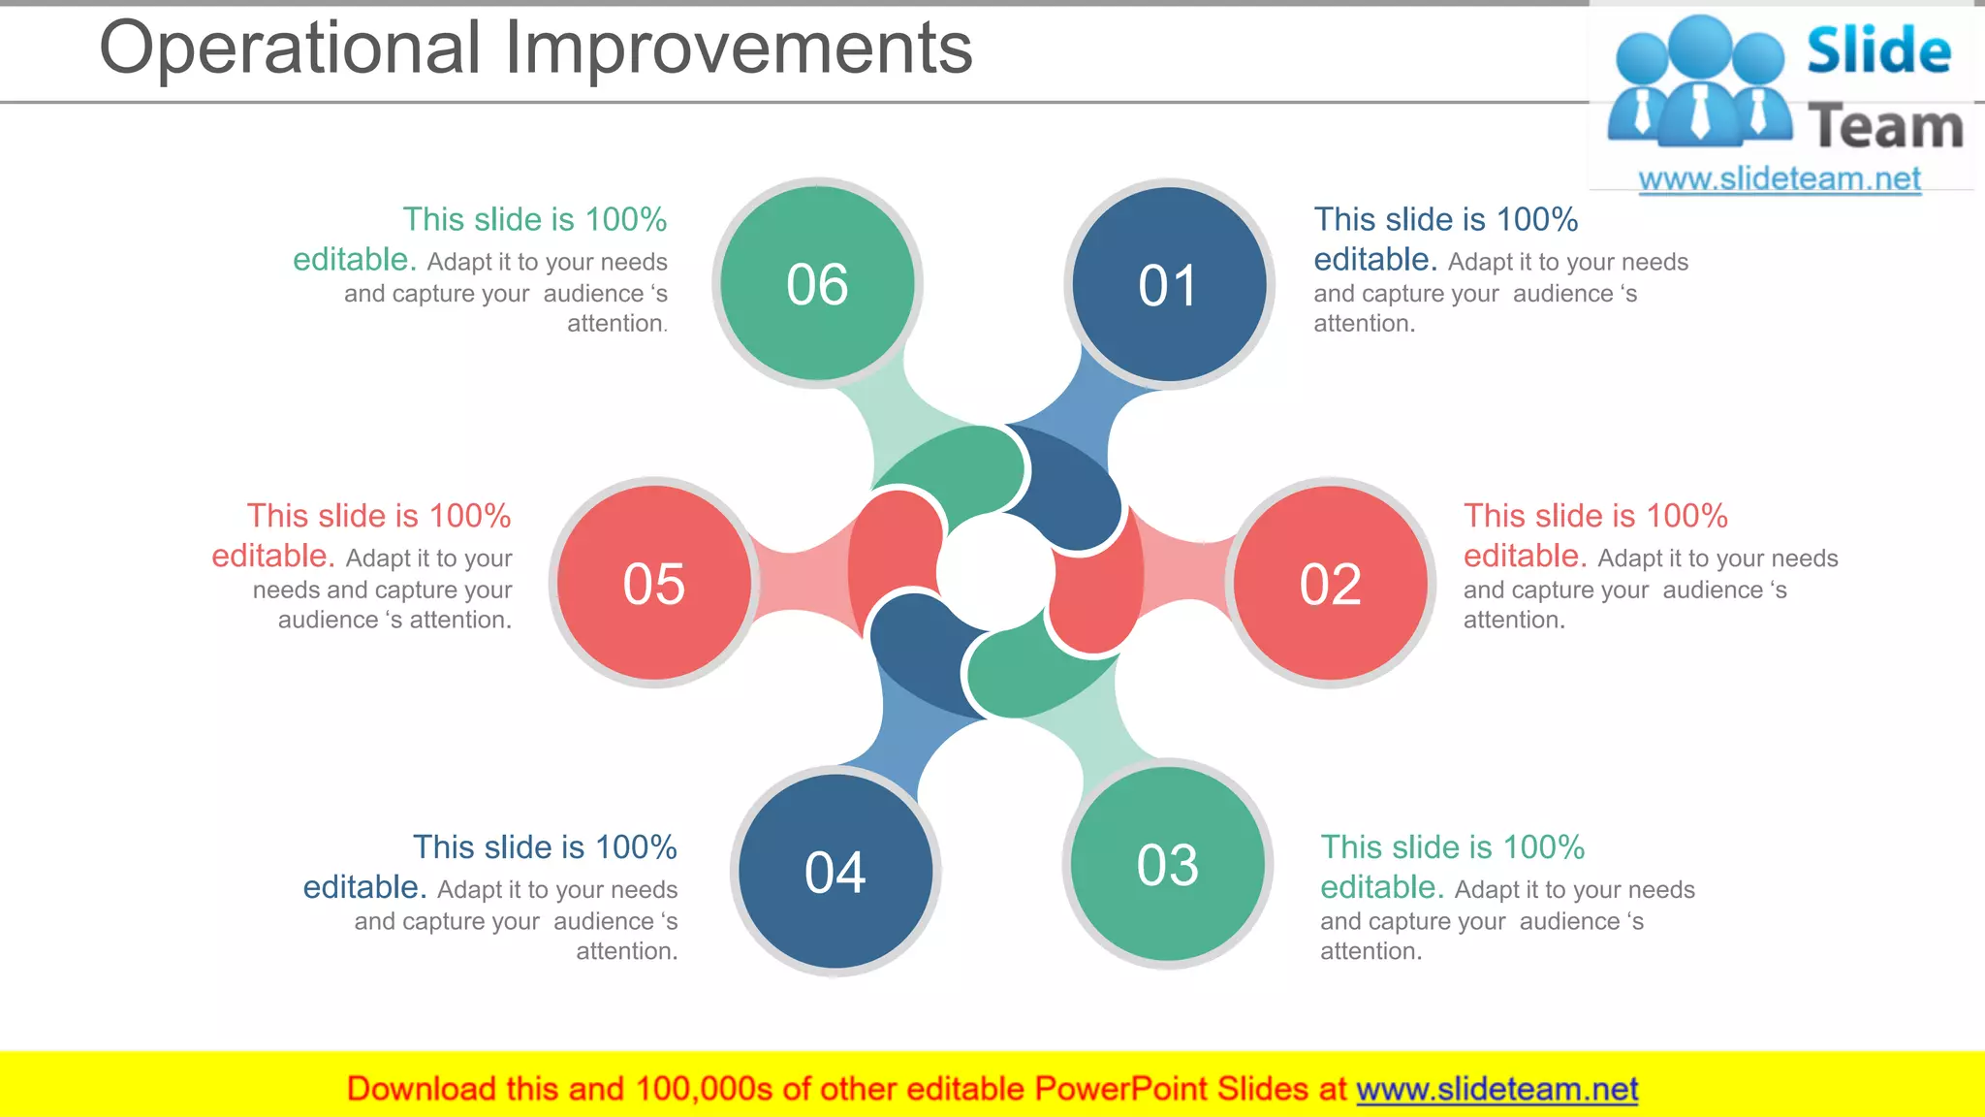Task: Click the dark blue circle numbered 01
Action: [1169, 284]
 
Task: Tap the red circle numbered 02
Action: [1331, 583]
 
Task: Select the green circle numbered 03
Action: [1168, 864]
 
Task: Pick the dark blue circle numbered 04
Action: [835, 871]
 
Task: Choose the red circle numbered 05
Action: [654, 583]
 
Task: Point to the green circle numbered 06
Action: [818, 283]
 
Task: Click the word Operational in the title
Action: [290, 48]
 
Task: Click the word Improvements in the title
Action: [739, 48]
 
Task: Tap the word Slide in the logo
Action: [1877, 50]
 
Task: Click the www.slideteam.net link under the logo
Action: [1780, 179]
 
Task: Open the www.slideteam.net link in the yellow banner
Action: [1497, 1090]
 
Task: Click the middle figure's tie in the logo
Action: [1700, 111]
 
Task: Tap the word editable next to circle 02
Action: [1525, 557]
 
